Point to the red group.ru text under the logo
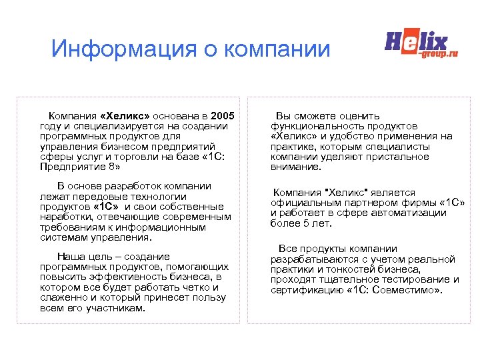coord(439,54)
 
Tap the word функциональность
coord(315,126)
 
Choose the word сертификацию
coord(307,290)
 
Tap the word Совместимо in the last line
coord(404,290)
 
